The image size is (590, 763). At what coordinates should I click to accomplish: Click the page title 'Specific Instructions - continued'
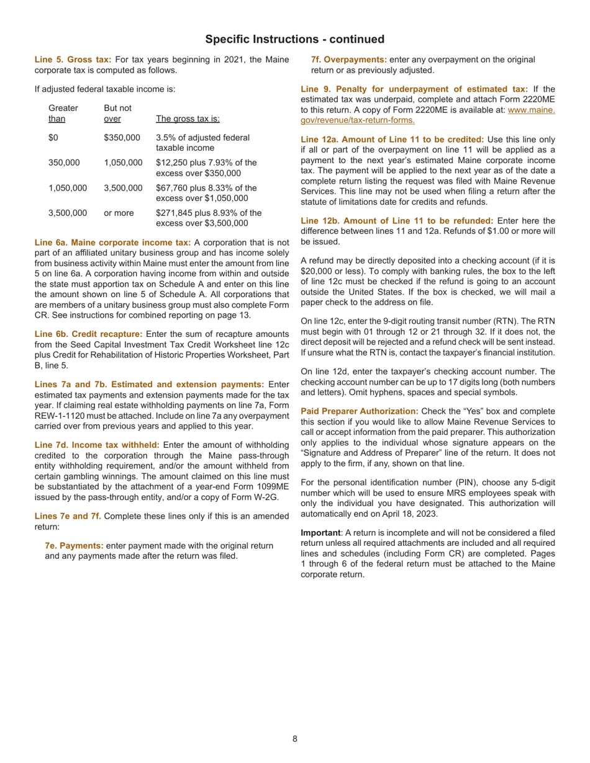pos(294,39)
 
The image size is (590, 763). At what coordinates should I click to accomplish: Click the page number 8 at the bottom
pos(295,738)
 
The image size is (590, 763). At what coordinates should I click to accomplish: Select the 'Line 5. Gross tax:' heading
pos(73,60)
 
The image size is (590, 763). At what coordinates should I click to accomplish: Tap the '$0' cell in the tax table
pos(53,138)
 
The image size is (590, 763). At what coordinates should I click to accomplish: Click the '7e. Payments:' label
pos(75,545)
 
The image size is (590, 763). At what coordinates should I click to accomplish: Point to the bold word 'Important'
pos(320,533)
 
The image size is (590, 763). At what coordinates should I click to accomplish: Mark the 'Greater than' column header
pos(58,114)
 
